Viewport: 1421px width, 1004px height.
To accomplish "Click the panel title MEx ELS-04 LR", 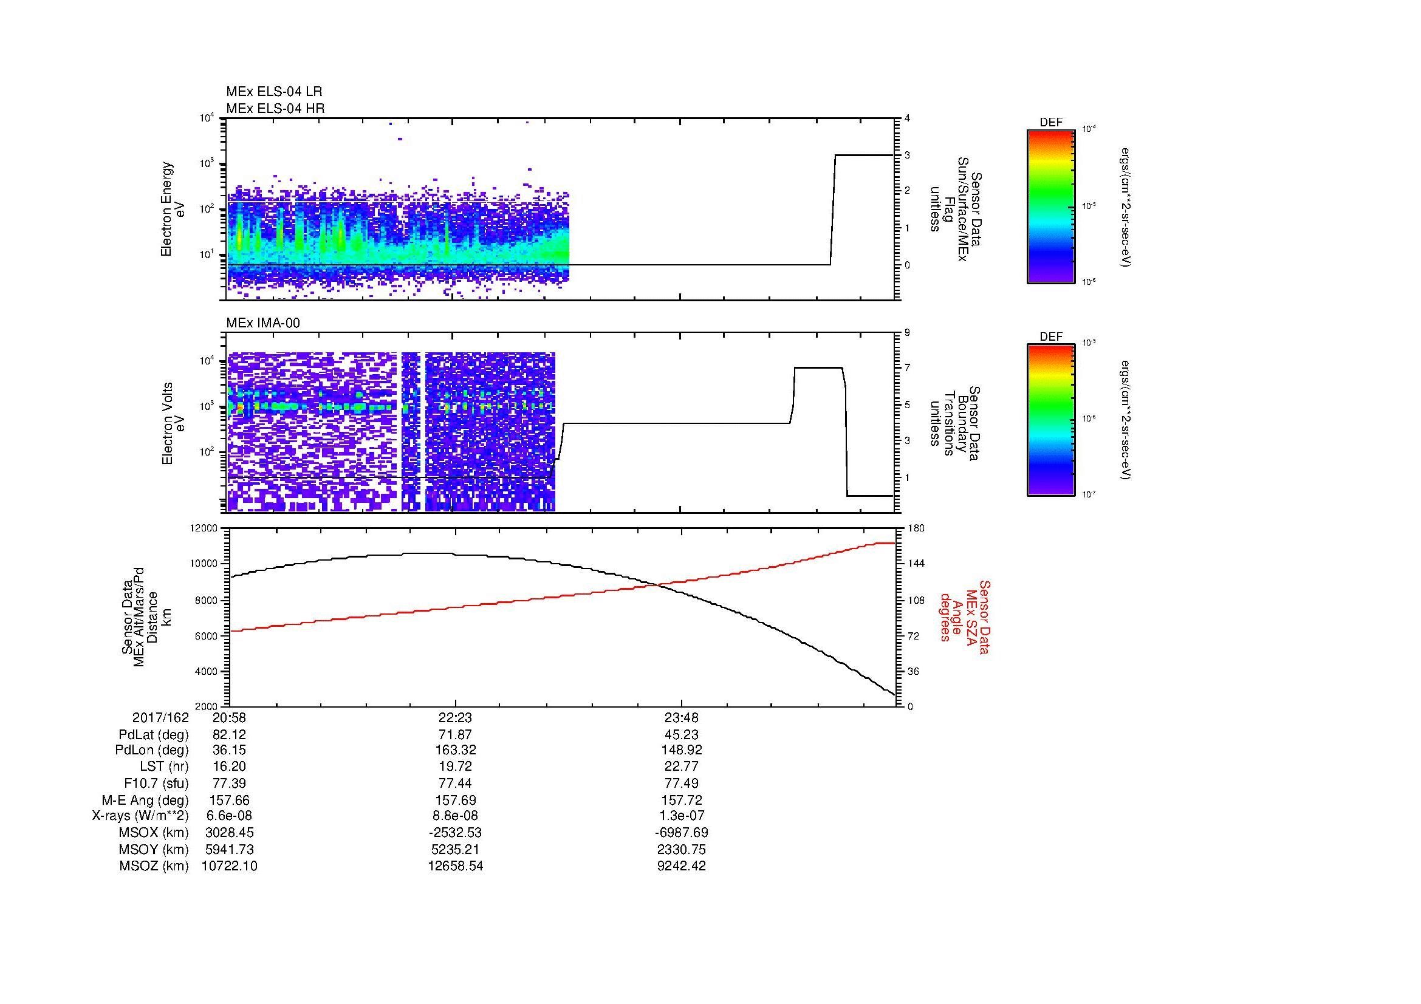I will click(273, 92).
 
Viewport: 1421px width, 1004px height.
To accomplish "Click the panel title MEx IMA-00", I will click(262, 323).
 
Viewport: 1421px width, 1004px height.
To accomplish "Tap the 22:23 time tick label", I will click(455, 718).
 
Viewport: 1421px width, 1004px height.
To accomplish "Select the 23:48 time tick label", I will click(682, 718).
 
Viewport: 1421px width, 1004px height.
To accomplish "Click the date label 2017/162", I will click(160, 718).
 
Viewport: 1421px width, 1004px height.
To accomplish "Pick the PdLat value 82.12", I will click(229, 735).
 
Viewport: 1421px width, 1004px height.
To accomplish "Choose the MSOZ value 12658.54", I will click(455, 866).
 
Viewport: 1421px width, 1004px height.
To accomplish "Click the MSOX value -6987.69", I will click(682, 833).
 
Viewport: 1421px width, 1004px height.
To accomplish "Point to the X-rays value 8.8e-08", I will click(455, 816).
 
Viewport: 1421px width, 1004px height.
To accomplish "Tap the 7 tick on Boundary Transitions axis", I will click(907, 368).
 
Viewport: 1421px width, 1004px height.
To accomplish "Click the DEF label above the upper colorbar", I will click(1050, 123).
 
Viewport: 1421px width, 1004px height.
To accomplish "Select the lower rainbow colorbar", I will click(1050, 420).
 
